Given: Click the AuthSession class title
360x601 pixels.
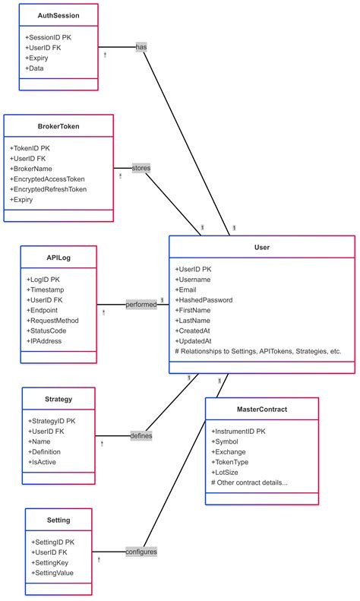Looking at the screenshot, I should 58,15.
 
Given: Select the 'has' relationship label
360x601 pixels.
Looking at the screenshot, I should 141,47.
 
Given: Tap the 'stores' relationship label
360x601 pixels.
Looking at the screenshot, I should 141,167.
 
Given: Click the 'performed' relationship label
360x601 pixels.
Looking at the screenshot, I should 141,304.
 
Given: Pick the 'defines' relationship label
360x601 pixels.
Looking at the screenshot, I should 141,435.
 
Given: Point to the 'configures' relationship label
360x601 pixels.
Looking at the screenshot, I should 141,552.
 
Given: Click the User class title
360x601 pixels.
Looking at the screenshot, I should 261,247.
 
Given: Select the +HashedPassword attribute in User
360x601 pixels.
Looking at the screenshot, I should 204,300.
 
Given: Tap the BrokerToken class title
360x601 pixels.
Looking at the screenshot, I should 58,127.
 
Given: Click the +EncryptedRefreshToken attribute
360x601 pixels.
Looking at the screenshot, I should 49,189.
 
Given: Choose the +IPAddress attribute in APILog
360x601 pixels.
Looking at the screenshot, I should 50,341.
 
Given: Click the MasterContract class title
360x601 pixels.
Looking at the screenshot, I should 261,410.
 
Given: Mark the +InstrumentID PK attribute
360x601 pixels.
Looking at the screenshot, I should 238,431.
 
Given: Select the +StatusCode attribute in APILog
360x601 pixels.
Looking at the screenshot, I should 52,331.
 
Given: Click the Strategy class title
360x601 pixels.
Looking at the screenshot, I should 58,399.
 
